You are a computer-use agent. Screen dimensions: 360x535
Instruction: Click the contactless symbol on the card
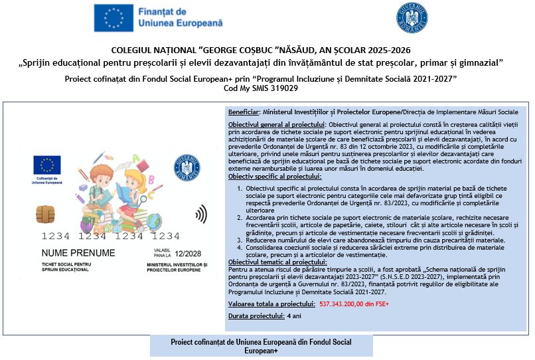pyautogui.click(x=200, y=215)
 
